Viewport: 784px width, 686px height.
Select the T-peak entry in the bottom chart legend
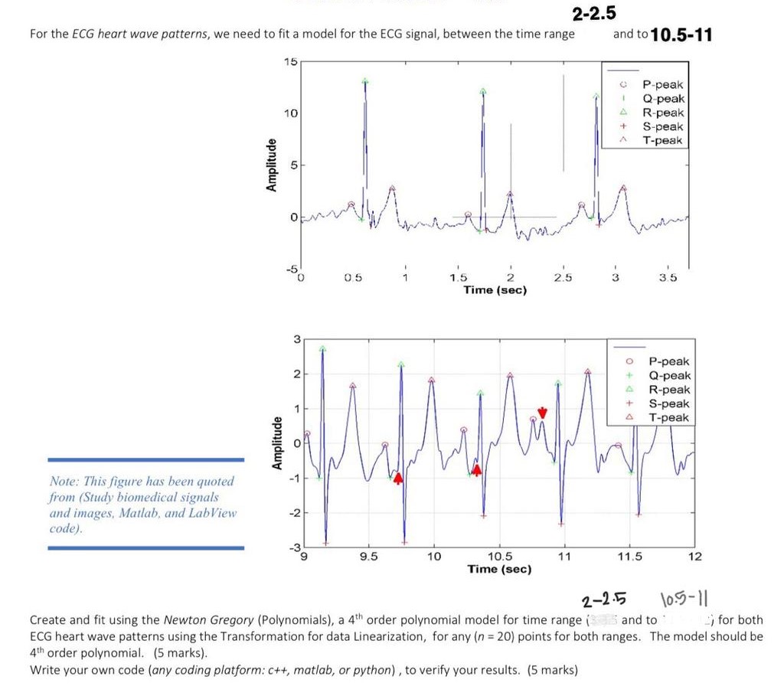pyautogui.click(x=668, y=417)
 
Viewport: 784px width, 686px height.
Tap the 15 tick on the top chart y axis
pyautogui.click(x=289, y=61)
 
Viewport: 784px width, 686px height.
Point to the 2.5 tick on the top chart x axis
pyautogui.click(x=563, y=277)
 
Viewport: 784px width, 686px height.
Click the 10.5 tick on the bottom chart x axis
pyautogui.click(x=499, y=557)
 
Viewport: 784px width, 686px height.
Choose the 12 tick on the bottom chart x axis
pyautogui.click(x=695, y=557)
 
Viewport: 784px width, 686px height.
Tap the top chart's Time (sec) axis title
pyautogui.click(x=495, y=290)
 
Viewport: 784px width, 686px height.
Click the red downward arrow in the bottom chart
pyautogui.click(x=542, y=413)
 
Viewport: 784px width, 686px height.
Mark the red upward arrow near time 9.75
pyautogui.click(x=398, y=479)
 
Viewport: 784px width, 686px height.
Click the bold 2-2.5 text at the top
pyautogui.click(x=593, y=14)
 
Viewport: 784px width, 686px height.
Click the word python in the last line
pyautogui.click(x=371, y=670)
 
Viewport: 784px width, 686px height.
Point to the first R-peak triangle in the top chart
pyautogui.click(x=365, y=81)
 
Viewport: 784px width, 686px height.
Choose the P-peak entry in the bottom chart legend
pyautogui.click(x=668, y=361)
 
